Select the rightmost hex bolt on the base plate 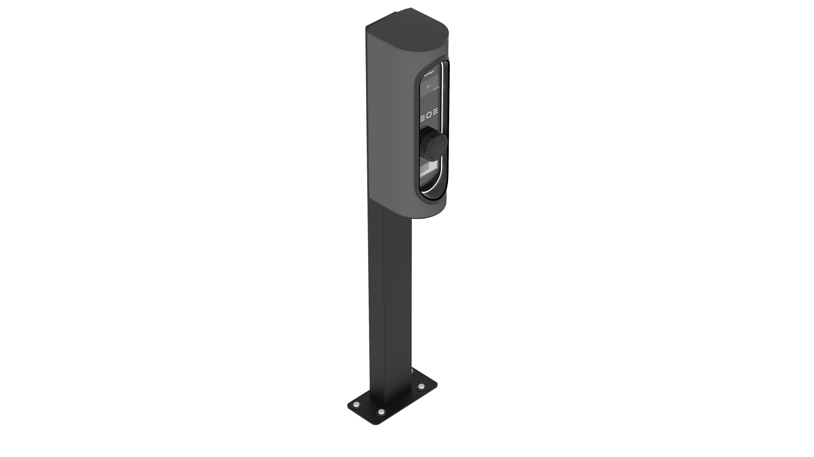point(421,386)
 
